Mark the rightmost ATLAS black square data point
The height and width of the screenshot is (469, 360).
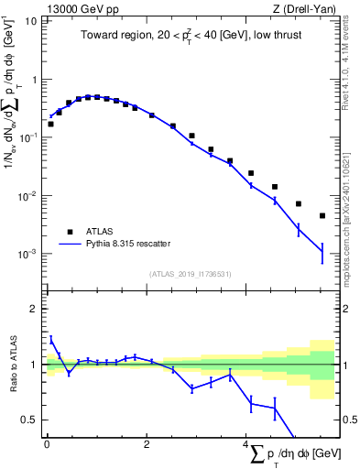[x=322, y=216]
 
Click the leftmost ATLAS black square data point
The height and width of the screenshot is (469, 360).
[x=50, y=124]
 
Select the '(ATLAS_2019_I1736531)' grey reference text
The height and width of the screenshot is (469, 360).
[x=190, y=273]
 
